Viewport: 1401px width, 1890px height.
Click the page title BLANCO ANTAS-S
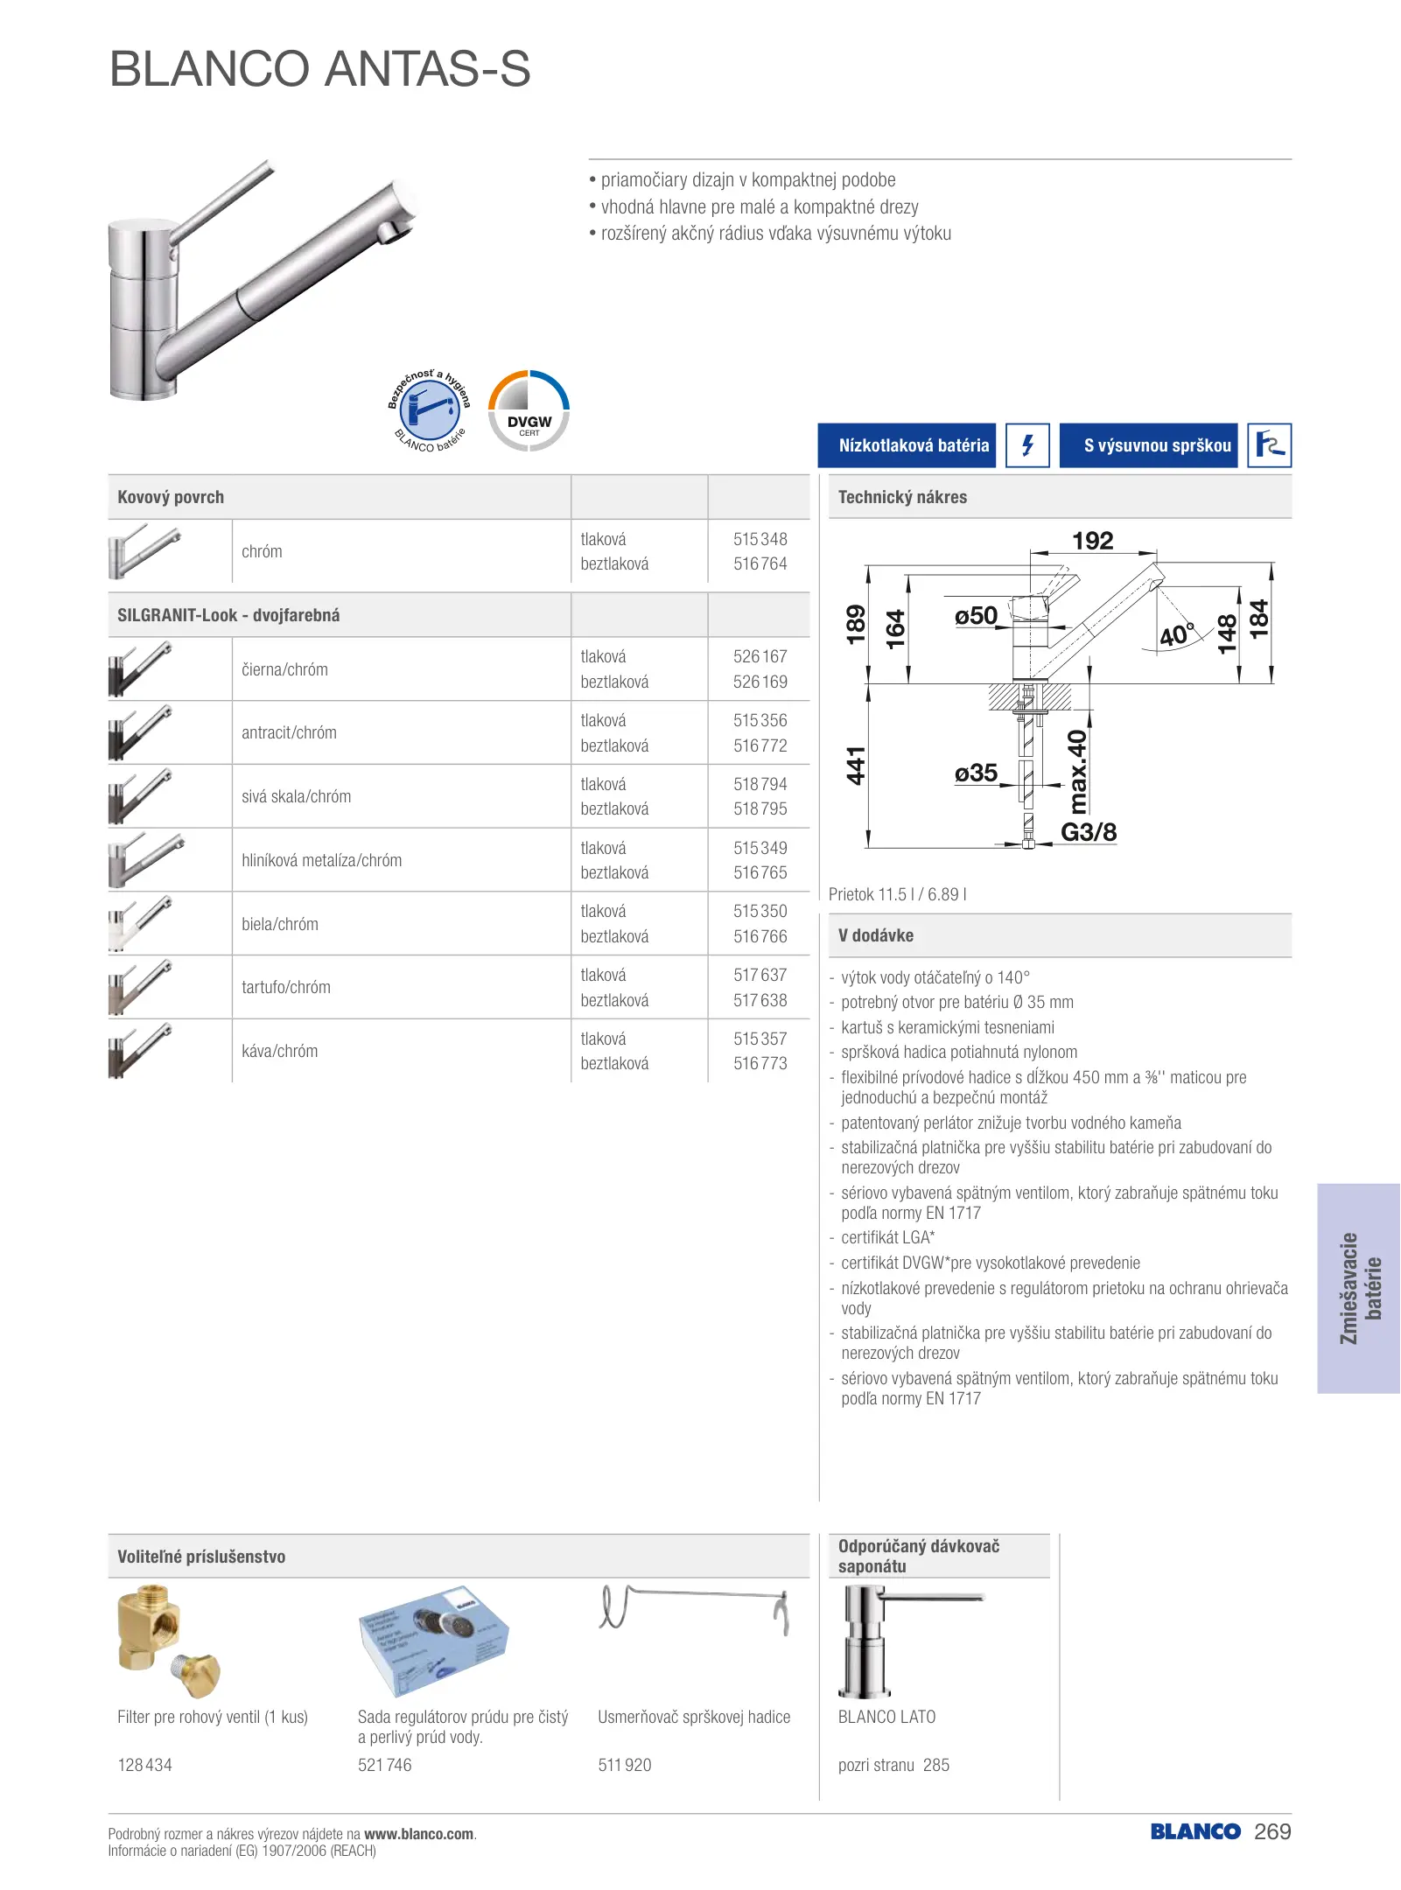[x=319, y=69]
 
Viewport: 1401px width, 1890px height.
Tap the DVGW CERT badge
[x=529, y=411]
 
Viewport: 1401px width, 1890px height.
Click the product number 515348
[x=760, y=539]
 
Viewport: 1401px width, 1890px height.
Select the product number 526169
[x=760, y=682]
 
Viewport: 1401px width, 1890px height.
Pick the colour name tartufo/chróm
[x=286, y=987]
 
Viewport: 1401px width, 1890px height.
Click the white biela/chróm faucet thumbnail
[x=140, y=923]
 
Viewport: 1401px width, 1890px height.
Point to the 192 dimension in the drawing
[x=1092, y=541]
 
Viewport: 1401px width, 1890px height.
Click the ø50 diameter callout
[x=976, y=616]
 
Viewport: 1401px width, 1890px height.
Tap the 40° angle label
[x=1175, y=633]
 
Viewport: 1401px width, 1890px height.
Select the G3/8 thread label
[x=1089, y=832]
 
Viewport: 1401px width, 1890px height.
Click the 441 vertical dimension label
[x=855, y=766]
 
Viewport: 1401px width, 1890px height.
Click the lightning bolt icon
[x=1027, y=445]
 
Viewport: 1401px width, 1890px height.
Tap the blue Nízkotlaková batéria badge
[x=907, y=445]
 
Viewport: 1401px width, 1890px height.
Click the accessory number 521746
[x=384, y=1765]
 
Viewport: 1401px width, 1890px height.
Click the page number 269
[x=1272, y=1831]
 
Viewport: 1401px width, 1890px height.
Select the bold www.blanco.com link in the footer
[x=418, y=1834]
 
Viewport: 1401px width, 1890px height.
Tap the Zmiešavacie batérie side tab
[x=1359, y=1288]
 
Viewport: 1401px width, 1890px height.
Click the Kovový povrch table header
[x=171, y=497]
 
